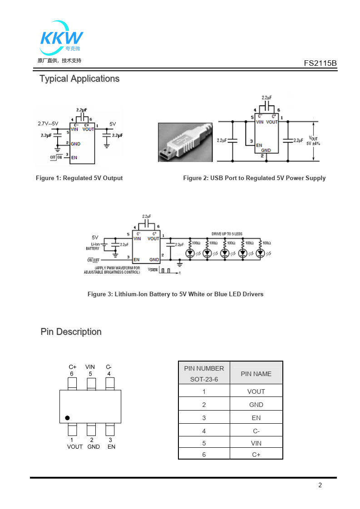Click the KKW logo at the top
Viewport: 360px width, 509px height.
(x=61, y=37)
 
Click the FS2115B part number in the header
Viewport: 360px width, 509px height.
(x=320, y=64)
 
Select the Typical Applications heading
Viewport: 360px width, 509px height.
(x=79, y=78)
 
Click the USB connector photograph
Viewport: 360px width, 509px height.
(x=185, y=142)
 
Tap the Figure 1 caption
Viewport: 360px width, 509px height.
(x=79, y=178)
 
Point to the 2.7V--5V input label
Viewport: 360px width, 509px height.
(x=48, y=123)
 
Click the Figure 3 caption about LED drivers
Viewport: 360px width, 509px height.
(x=175, y=294)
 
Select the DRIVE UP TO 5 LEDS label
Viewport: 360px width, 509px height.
(x=227, y=234)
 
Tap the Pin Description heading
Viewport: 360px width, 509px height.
(x=71, y=332)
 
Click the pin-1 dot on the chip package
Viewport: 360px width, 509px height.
(x=67, y=418)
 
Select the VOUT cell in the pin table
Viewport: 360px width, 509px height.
(x=256, y=392)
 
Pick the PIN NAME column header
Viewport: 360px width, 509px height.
(x=256, y=374)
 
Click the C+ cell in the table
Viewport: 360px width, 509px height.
(x=256, y=455)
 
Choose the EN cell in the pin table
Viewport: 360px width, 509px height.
(x=256, y=418)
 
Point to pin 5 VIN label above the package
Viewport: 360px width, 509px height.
(x=90, y=370)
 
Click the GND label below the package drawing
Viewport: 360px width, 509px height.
(x=94, y=447)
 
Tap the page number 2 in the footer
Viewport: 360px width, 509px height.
(x=320, y=485)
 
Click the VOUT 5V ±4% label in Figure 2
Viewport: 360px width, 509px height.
(x=314, y=141)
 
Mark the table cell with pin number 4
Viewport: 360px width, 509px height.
(x=204, y=431)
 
